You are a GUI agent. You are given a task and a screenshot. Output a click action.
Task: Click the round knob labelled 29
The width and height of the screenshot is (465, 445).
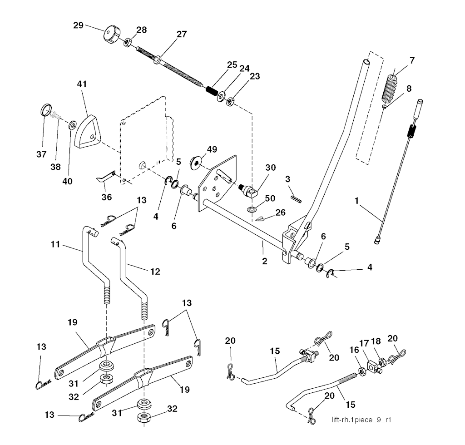click(111, 35)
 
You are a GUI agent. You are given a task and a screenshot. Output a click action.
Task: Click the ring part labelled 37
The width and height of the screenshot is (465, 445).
click(45, 110)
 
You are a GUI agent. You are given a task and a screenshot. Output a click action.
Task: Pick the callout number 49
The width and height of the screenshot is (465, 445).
click(212, 149)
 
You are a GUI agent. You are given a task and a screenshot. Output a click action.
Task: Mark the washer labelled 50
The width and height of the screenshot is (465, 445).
click(252, 210)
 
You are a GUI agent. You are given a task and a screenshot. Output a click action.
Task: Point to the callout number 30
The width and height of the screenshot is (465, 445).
click(271, 167)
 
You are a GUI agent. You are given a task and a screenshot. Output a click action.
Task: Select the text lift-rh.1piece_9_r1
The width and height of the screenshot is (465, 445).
click(361, 420)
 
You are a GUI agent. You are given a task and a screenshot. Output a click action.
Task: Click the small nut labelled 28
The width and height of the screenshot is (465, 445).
click(128, 42)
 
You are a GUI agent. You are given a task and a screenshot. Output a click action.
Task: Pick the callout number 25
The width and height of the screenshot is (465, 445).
click(232, 64)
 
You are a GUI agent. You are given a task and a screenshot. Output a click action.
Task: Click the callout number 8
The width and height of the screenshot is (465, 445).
click(409, 89)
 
